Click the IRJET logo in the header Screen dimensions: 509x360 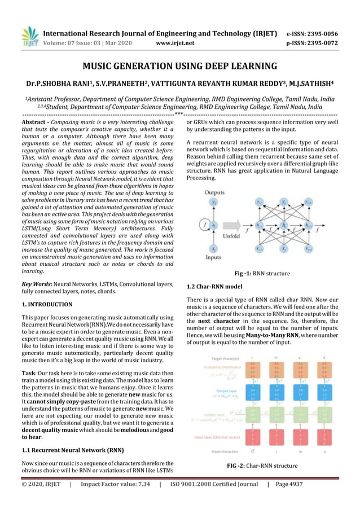29,36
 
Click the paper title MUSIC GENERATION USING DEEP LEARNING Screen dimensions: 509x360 180,67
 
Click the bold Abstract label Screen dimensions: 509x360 36,122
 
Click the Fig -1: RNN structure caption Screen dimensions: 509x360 262,274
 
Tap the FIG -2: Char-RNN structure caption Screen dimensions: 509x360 262,466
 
